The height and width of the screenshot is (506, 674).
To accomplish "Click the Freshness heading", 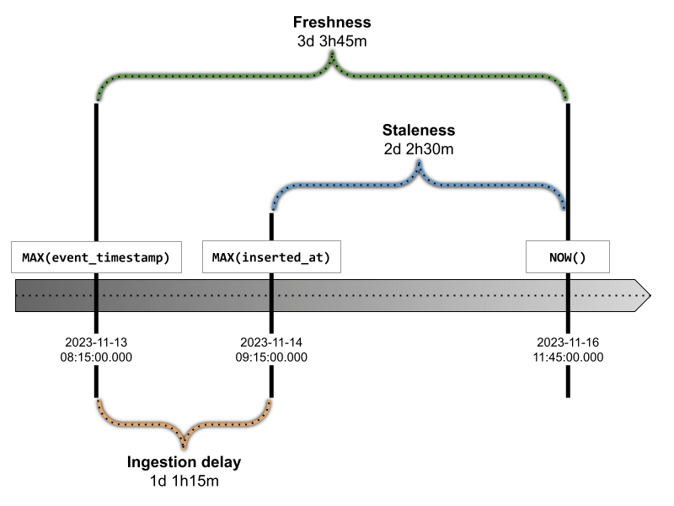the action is coord(332,22).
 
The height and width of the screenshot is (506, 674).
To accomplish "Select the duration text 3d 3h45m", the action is coord(332,41).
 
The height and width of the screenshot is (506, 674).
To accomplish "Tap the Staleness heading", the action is coord(419,130).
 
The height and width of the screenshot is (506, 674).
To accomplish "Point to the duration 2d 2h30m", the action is coord(419,149).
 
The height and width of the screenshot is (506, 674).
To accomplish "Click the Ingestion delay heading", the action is coord(184,462).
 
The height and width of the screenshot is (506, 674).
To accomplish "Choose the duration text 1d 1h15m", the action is coord(184,481).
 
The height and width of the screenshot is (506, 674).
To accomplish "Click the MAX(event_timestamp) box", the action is coord(96,257).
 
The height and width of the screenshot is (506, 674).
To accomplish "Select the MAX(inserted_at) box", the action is coord(271,257).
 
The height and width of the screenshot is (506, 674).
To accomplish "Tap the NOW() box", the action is coord(568,257).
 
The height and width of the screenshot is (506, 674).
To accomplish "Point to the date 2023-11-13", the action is coord(96,342).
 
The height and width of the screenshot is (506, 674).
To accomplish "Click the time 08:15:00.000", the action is coord(96,358).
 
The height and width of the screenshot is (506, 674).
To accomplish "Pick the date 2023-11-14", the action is coord(271,342).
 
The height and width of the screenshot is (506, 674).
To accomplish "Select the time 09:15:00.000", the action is coord(271,358).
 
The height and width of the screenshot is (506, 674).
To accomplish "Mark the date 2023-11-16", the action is coord(568,342).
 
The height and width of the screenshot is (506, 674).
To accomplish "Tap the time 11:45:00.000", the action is coord(568,358).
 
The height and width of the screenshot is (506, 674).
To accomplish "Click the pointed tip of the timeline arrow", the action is coord(650,296).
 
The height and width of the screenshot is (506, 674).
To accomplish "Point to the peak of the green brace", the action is coord(332,52).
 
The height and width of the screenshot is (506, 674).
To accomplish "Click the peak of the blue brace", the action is coord(419,161).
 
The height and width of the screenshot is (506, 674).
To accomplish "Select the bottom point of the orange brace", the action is coord(184,449).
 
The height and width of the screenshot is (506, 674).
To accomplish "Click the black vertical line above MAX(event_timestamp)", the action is coord(96,172).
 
